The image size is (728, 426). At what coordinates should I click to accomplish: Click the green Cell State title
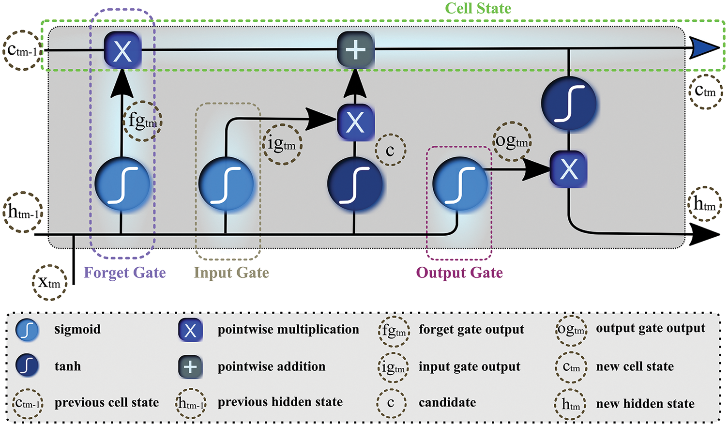[478, 8]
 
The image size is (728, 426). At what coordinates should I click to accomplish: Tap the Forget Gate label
[125, 273]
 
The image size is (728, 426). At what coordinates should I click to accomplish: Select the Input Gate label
[231, 273]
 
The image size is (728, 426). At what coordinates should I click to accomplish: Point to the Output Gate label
[459, 273]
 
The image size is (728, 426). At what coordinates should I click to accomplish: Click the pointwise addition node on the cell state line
[356, 49]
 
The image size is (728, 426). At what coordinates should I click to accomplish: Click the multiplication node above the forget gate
[122, 50]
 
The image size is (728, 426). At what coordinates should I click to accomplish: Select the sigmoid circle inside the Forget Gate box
[122, 184]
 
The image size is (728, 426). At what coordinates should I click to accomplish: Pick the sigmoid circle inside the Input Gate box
[226, 184]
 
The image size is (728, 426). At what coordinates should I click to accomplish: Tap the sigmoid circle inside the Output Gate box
[460, 184]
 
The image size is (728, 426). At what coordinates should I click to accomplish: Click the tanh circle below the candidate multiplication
[355, 184]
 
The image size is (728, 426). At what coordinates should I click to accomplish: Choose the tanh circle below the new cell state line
[569, 104]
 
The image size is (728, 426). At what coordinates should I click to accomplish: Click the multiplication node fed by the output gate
[569, 169]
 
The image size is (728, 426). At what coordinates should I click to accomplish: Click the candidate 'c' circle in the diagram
[390, 151]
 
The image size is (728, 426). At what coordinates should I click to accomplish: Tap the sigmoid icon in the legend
[27, 330]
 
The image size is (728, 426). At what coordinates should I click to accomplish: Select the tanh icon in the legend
[27, 366]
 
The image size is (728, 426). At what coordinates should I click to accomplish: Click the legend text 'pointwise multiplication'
[288, 330]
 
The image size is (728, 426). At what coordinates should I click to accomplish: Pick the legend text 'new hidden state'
[645, 403]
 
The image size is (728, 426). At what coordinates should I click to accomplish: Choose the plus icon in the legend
[190, 367]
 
